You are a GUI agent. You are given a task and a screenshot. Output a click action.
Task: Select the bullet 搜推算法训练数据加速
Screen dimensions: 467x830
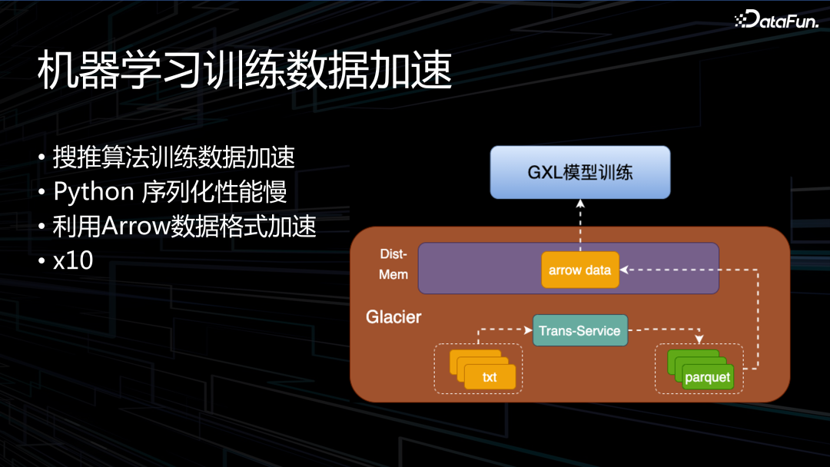(174, 157)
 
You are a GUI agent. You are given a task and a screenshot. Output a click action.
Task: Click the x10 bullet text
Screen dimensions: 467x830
(73, 261)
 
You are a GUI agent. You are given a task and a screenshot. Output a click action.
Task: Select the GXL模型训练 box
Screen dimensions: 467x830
(580, 172)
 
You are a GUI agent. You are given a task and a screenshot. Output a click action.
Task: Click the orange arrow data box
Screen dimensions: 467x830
(579, 270)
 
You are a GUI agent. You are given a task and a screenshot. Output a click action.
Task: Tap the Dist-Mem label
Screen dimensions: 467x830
(393, 263)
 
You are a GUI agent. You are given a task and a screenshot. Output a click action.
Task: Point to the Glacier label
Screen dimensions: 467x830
(393, 316)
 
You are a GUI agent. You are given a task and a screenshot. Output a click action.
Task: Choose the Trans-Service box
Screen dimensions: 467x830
(579, 330)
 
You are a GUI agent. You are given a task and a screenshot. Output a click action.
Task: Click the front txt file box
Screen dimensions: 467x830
(490, 376)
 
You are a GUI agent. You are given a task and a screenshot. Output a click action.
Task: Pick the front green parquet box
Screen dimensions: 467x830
(707, 377)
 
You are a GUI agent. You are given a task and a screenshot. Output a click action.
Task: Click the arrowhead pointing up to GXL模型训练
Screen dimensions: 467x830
(580, 204)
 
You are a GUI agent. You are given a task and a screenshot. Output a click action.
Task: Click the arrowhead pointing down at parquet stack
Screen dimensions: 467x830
(699, 339)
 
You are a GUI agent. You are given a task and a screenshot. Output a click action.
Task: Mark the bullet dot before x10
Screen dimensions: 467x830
(42, 262)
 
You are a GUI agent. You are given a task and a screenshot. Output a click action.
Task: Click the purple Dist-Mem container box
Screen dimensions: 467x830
(476, 268)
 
